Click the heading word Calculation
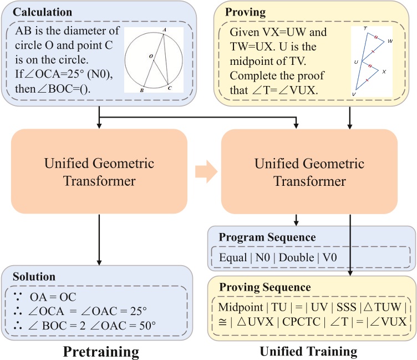[42, 12]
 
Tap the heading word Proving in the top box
[245, 12]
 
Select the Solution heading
[34, 277]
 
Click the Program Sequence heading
[267, 237]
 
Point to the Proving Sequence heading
[265, 287]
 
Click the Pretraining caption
[101, 352]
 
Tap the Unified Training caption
[308, 352]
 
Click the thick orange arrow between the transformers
[206, 171]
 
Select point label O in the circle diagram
[151, 56]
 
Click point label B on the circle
[142, 90]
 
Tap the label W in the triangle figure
[390, 41]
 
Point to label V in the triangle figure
[354, 94]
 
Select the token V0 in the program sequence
[330, 257]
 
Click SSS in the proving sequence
[346, 307]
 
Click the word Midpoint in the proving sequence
[241, 307]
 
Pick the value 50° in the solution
[148, 326]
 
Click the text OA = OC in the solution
[53, 297]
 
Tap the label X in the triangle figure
[384, 72]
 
